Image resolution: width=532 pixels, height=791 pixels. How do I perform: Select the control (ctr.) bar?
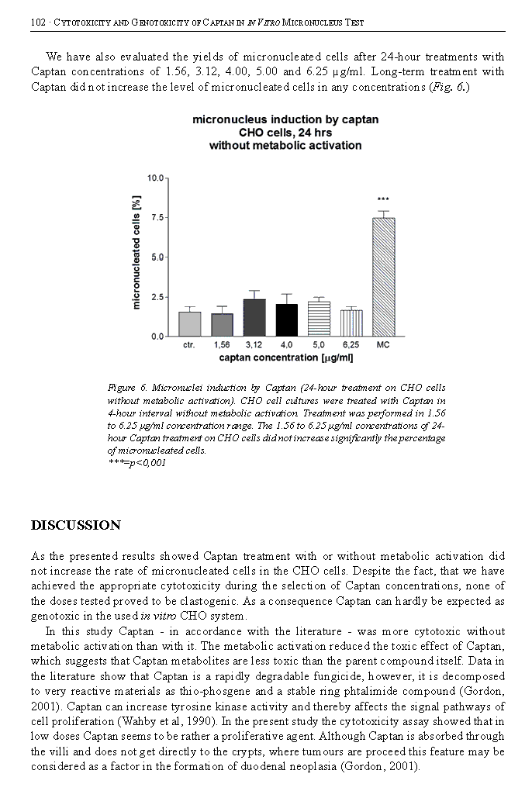point(189,323)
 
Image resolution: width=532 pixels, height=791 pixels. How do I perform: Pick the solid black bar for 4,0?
point(286,320)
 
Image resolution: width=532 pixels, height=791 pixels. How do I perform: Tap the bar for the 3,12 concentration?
point(254,317)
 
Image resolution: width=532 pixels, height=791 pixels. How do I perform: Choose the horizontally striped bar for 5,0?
point(319,319)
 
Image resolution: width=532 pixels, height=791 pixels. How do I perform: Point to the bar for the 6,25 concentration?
point(351,323)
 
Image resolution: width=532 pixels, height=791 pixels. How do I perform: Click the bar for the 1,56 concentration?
point(222,324)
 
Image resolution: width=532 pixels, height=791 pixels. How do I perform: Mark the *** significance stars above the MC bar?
point(383,200)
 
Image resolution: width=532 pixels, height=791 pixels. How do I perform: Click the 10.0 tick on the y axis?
point(154,178)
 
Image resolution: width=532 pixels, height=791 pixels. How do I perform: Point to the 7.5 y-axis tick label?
point(156,217)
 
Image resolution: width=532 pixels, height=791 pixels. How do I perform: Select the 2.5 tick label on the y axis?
point(156,297)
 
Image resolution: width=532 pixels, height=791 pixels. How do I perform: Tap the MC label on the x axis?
point(383,344)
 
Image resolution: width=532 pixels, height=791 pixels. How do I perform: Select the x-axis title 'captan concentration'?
point(286,358)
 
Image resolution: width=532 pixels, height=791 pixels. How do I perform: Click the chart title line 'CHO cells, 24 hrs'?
point(285,133)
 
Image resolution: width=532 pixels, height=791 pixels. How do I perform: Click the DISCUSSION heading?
point(76,526)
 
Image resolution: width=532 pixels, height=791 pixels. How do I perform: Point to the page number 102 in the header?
point(39,22)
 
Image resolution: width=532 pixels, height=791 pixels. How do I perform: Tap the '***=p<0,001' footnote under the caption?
point(136,463)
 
